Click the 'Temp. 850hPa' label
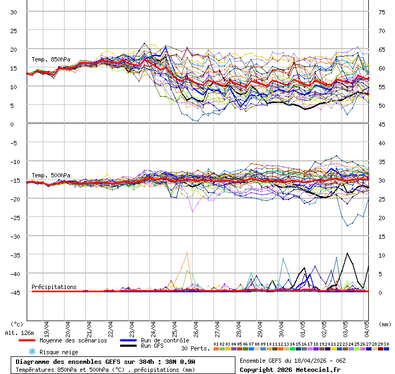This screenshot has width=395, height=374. coord(51,59)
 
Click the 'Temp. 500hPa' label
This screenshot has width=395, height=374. coord(51,175)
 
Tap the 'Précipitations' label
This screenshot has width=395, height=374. coord(54,287)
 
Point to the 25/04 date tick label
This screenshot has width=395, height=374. coord(175,326)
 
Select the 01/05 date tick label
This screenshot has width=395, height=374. coord(303,326)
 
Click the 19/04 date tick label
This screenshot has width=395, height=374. coord(47,326)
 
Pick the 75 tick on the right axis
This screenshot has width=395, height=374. coord(382,12)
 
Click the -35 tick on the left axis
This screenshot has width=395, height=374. coord(15,255)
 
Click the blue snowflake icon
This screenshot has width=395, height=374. coord(31,352)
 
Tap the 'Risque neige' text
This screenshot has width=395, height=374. coord(59,352)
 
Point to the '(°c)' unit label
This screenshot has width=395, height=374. coord(17,324)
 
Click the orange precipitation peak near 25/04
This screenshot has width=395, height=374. coord(187,253)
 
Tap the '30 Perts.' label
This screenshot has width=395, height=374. coord(195,348)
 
